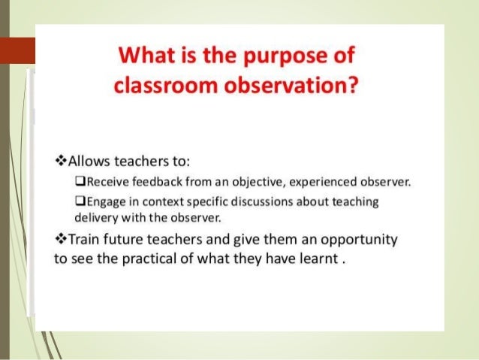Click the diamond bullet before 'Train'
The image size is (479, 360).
[x=62, y=240]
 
